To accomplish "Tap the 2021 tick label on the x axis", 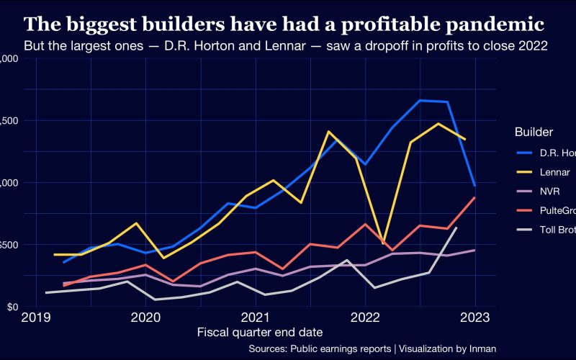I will [256, 318].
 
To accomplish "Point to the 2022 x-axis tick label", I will [365, 318].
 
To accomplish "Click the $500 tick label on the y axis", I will [9, 245].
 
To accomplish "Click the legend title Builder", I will [534, 132].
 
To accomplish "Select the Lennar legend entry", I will [554, 172].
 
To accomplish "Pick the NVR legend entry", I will [551, 192].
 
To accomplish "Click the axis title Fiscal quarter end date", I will [259, 332].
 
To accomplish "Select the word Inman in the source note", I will [482, 348].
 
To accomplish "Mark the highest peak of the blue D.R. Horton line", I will [420, 100].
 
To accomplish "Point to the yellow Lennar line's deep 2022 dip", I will [382, 243].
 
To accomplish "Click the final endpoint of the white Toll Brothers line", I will [456, 228].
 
